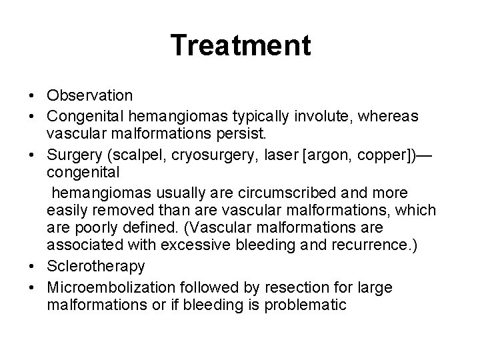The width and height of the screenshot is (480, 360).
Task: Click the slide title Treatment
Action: click(240, 45)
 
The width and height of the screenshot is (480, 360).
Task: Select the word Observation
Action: click(90, 97)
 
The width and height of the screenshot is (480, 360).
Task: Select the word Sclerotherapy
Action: click(96, 267)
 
